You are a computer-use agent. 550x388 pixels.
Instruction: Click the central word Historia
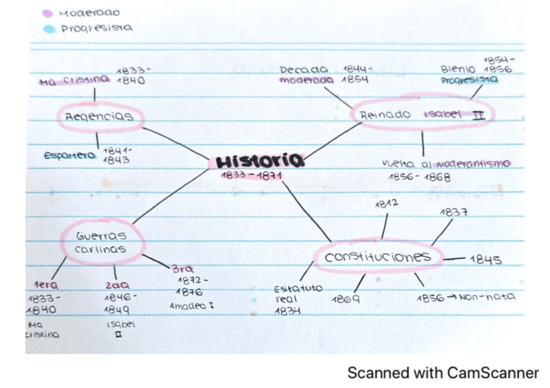(x=259, y=161)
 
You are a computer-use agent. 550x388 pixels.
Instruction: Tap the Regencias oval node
(x=99, y=117)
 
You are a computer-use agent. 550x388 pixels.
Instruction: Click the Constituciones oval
(x=377, y=257)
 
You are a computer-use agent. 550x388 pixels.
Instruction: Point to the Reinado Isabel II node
(x=423, y=115)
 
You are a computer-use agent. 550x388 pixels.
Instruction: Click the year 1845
(x=486, y=259)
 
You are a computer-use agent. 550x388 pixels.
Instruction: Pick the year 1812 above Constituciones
(x=387, y=203)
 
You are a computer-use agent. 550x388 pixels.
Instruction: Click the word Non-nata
(x=487, y=297)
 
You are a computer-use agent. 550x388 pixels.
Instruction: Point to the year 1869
(x=346, y=299)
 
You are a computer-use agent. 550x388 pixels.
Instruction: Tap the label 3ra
(x=182, y=269)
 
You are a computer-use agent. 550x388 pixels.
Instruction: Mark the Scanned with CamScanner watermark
(x=442, y=372)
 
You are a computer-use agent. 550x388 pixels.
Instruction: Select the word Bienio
(x=458, y=69)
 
